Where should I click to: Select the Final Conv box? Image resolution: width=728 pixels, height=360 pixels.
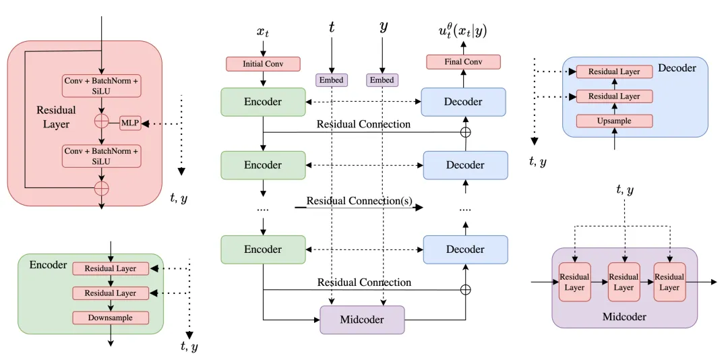click(463, 62)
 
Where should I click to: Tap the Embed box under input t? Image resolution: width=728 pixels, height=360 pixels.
click(331, 80)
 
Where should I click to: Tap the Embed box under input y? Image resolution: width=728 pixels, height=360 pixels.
click(382, 80)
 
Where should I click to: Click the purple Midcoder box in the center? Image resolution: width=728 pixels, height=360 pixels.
click(362, 320)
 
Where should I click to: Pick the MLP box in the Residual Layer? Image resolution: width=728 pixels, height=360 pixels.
click(130, 123)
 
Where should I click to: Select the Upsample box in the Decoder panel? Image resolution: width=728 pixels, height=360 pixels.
click(614, 121)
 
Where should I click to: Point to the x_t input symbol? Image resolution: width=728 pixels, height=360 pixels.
click(263, 32)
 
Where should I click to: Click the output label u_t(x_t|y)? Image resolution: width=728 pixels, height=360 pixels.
click(462, 30)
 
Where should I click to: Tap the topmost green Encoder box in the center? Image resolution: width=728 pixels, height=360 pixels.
click(262, 102)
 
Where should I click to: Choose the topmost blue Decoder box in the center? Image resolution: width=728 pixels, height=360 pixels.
click(463, 102)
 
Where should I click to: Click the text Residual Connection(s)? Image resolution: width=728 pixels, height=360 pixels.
click(359, 202)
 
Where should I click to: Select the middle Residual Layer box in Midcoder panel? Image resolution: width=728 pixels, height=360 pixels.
click(624, 282)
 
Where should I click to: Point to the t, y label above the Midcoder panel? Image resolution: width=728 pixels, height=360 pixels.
click(624, 191)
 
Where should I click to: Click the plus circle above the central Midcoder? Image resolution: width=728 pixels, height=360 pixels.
click(465, 290)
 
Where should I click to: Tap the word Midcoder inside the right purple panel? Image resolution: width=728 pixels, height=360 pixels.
click(624, 316)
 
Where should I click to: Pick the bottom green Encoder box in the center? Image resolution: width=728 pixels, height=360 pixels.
click(262, 249)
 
